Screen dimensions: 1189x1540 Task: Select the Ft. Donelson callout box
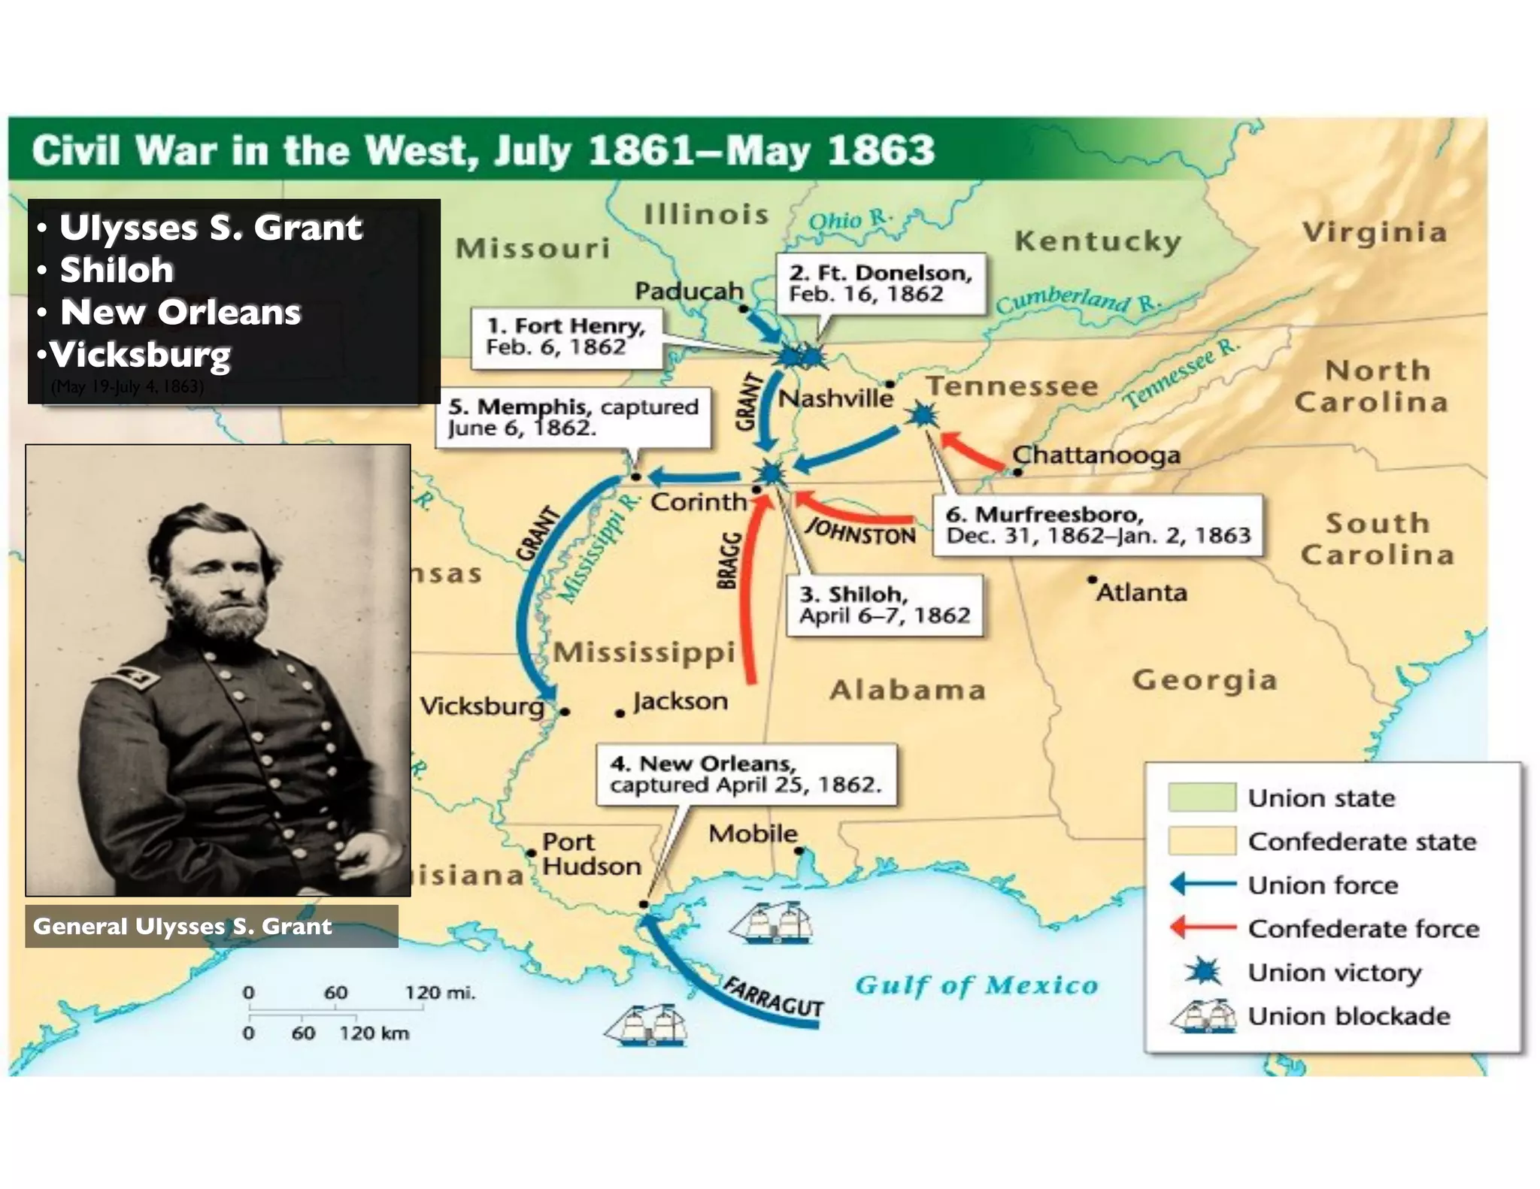[x=880, y=283]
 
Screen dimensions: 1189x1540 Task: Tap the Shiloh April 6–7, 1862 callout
[x=884, y=605]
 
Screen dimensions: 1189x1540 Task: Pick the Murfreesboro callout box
[x=1097, y=525]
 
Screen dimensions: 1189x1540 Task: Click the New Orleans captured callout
[x=745, y=774]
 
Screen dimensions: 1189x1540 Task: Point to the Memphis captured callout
[x=573, y=417]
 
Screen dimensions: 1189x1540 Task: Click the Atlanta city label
[x=1141, y=592]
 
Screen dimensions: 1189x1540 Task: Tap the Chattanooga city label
[x=1096, y=455]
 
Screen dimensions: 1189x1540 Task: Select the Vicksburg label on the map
[x=482, y=706]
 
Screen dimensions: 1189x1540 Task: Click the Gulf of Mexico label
[x=976, y=985]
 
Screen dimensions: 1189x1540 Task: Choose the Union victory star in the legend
[x=1204, y=972]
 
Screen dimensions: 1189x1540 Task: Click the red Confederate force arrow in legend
[x=1203, y=927]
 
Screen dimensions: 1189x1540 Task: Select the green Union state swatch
[x=1202, y=797]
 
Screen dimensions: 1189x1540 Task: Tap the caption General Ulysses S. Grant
[x=183, y=926]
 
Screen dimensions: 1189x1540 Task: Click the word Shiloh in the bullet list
[x=117, y=270]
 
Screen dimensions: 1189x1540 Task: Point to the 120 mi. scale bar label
[x=440, y=993]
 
